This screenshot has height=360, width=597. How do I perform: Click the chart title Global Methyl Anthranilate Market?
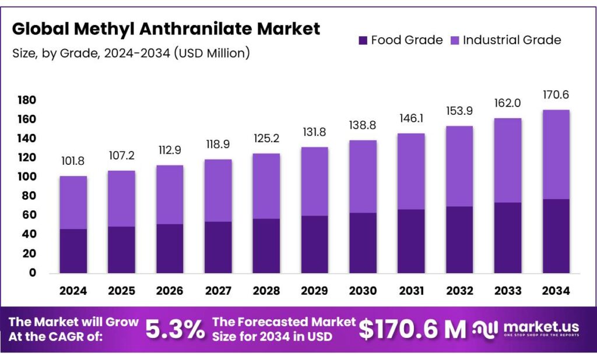tap(166, 29)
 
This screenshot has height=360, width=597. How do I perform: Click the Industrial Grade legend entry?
tap(505, 40)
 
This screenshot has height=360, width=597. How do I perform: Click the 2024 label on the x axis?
tap(73, 290)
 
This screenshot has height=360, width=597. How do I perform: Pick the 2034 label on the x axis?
tap(556, 290)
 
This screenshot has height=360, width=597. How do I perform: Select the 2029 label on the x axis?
tap(314, 290)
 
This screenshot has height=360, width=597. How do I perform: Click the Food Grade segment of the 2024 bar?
tap(73, 250)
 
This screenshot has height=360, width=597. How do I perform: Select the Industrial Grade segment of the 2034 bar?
tap(556, 154)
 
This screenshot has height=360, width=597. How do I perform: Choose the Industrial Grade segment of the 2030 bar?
tap(363, 177)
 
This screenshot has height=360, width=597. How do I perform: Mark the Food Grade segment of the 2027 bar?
tap(217, 247)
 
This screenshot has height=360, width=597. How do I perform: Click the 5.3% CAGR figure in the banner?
tap(175, 330)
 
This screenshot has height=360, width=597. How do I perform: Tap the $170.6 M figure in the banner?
tap(412, 330)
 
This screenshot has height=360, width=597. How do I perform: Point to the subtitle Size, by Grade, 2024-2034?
tap(131, 54)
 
